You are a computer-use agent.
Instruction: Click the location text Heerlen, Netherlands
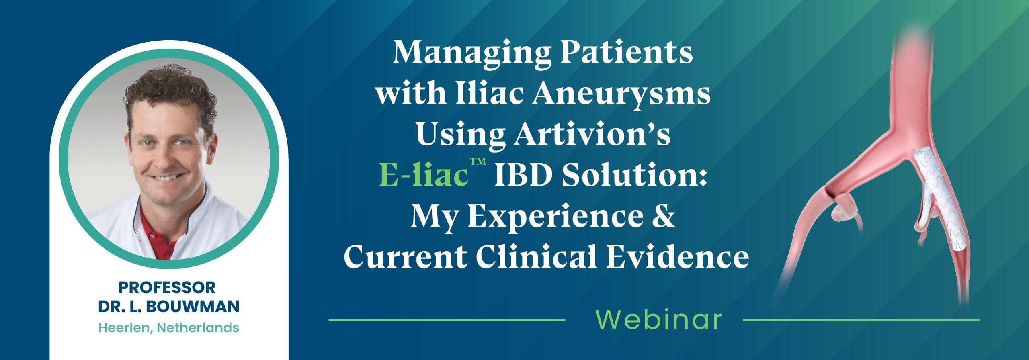pos(169,328)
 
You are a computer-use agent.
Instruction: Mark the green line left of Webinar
pos(446,320)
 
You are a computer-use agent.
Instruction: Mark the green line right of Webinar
pos(860,320)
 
